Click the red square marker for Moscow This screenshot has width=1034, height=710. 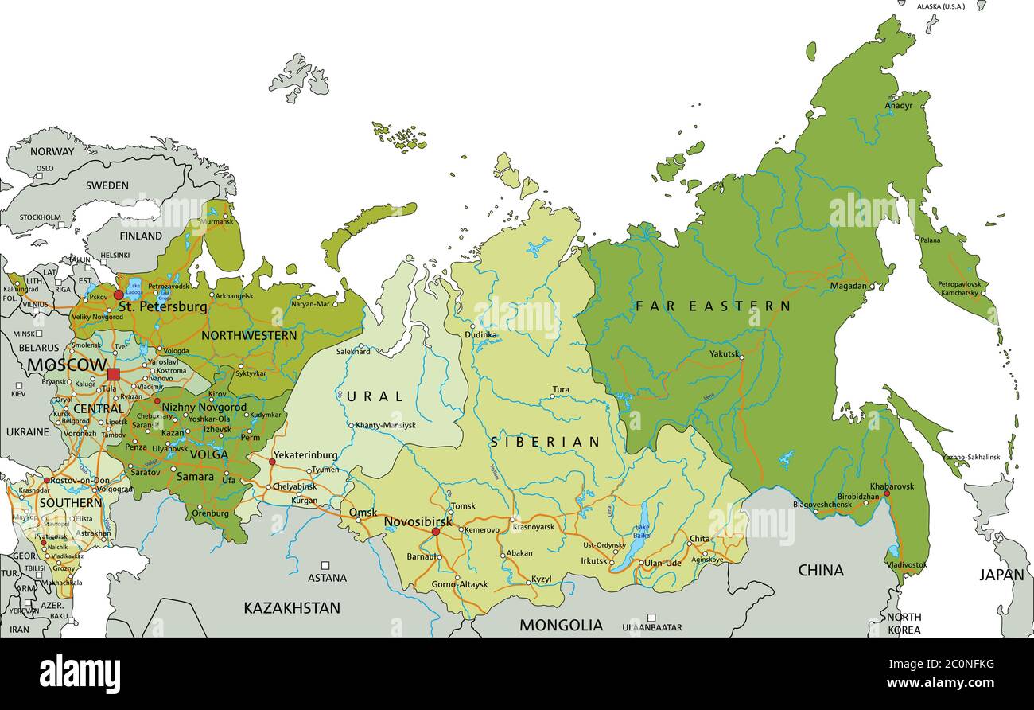click(113, 374)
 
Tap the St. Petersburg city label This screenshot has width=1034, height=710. click(162, 306)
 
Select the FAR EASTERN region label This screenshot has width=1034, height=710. click(713, 306)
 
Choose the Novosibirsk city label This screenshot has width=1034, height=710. click(418, 521)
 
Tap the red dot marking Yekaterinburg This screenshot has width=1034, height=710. click(272, 462)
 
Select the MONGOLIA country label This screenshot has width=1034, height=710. click(561, 626)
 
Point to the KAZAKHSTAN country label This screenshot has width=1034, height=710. click(292, 608)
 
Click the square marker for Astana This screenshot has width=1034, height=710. click(326, 564)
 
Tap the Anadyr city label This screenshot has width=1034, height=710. click(899, 105)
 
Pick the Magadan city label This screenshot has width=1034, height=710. click(848, 286)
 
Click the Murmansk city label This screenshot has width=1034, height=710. click(220, 222)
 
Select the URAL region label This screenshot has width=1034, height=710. click(375, 396)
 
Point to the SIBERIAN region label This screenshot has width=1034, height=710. click(545, 442)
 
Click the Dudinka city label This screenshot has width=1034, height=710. click(481, 335)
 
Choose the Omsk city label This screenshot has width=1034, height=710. click(363, 512)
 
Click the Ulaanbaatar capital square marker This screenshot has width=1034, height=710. click(651, 617)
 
